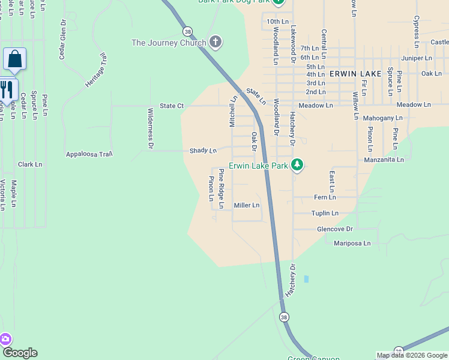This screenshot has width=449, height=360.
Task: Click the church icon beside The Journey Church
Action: pos(216,42)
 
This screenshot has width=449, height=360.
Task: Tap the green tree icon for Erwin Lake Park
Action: pos(297,164)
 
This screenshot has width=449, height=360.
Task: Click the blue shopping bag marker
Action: pos(14,59)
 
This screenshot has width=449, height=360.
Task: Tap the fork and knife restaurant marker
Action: pos(7,90)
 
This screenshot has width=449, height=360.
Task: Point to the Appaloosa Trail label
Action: pos(89,154)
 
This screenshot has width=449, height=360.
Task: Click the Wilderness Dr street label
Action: pos(151,128)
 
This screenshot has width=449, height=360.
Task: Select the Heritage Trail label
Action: pos(96,70)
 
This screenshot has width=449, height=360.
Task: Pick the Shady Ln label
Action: pos(203,151)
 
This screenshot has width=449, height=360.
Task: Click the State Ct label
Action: pos(172,106)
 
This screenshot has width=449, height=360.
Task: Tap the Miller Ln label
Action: pos(247,205)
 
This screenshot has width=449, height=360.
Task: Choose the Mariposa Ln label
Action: pos(352,244)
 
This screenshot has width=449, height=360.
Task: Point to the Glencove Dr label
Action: pos(334,229)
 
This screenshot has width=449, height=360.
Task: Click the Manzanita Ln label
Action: pos(384,160)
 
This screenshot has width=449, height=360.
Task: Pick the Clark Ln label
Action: pos(30,164)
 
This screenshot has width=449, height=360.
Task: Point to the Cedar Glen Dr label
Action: pos(62,39)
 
